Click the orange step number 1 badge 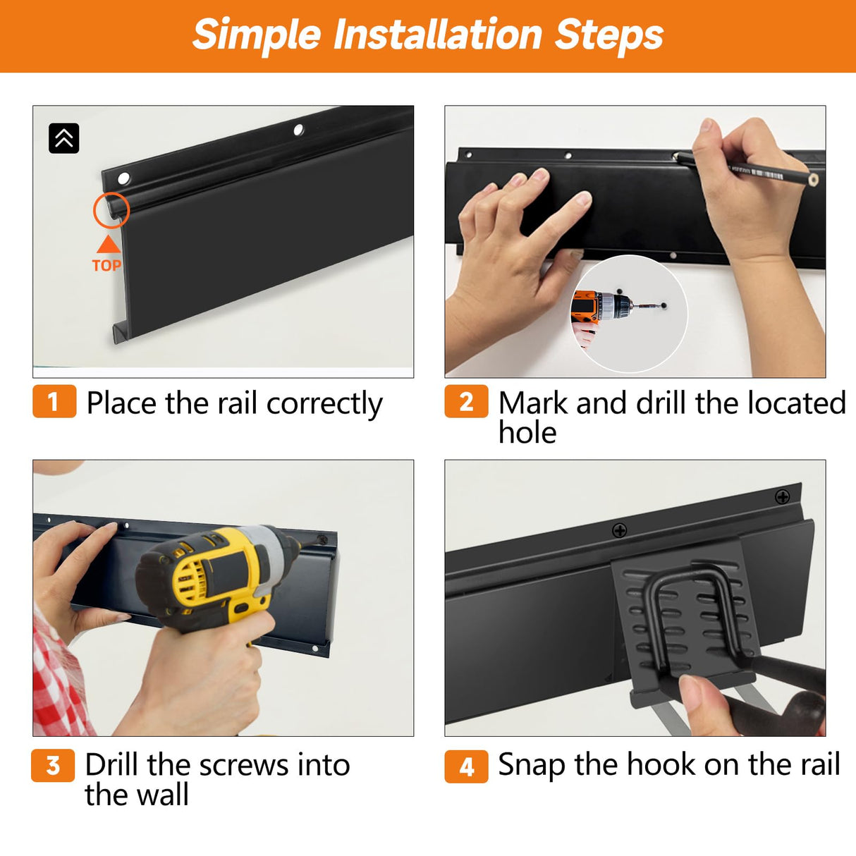coord(54,402)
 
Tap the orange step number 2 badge coord(466,402)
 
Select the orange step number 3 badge coord(53,765)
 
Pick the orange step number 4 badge coord(466,766)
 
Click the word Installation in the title coord(438,35)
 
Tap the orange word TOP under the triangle coord(106,265)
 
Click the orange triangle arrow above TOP coord(109,244)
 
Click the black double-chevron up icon coord(64,138)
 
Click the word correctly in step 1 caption coord(324,404)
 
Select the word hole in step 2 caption coord(527,432)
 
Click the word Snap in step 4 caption coord(532,766)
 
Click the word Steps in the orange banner coord(609,36)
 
